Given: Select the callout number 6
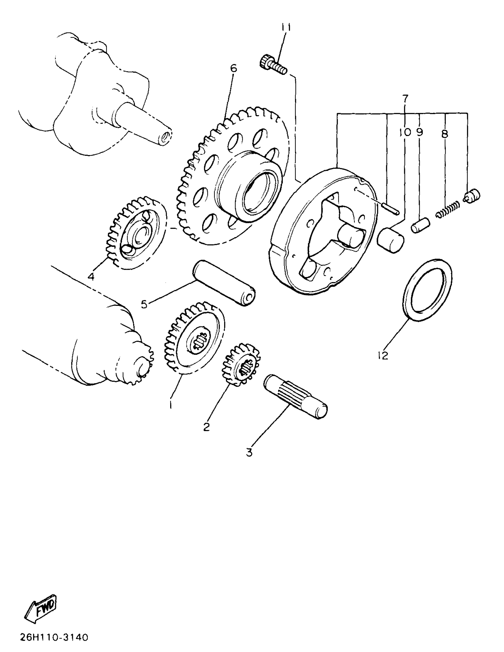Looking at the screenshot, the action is click(x=234, y=68).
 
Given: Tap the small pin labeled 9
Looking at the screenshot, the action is click(x=420, y=226).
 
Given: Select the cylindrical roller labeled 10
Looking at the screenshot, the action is click(x=390, y=240).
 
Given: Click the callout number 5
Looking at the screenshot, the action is click(x=144, y=304).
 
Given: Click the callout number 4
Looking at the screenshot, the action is click(x=91, y=277).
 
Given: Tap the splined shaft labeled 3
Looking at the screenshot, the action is click(x=296, y=397).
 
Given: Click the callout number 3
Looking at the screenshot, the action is click(x=249, y=453).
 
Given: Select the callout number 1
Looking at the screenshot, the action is click(x=170, y=405).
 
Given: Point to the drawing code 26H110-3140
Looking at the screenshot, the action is click(x=54, y=638).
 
